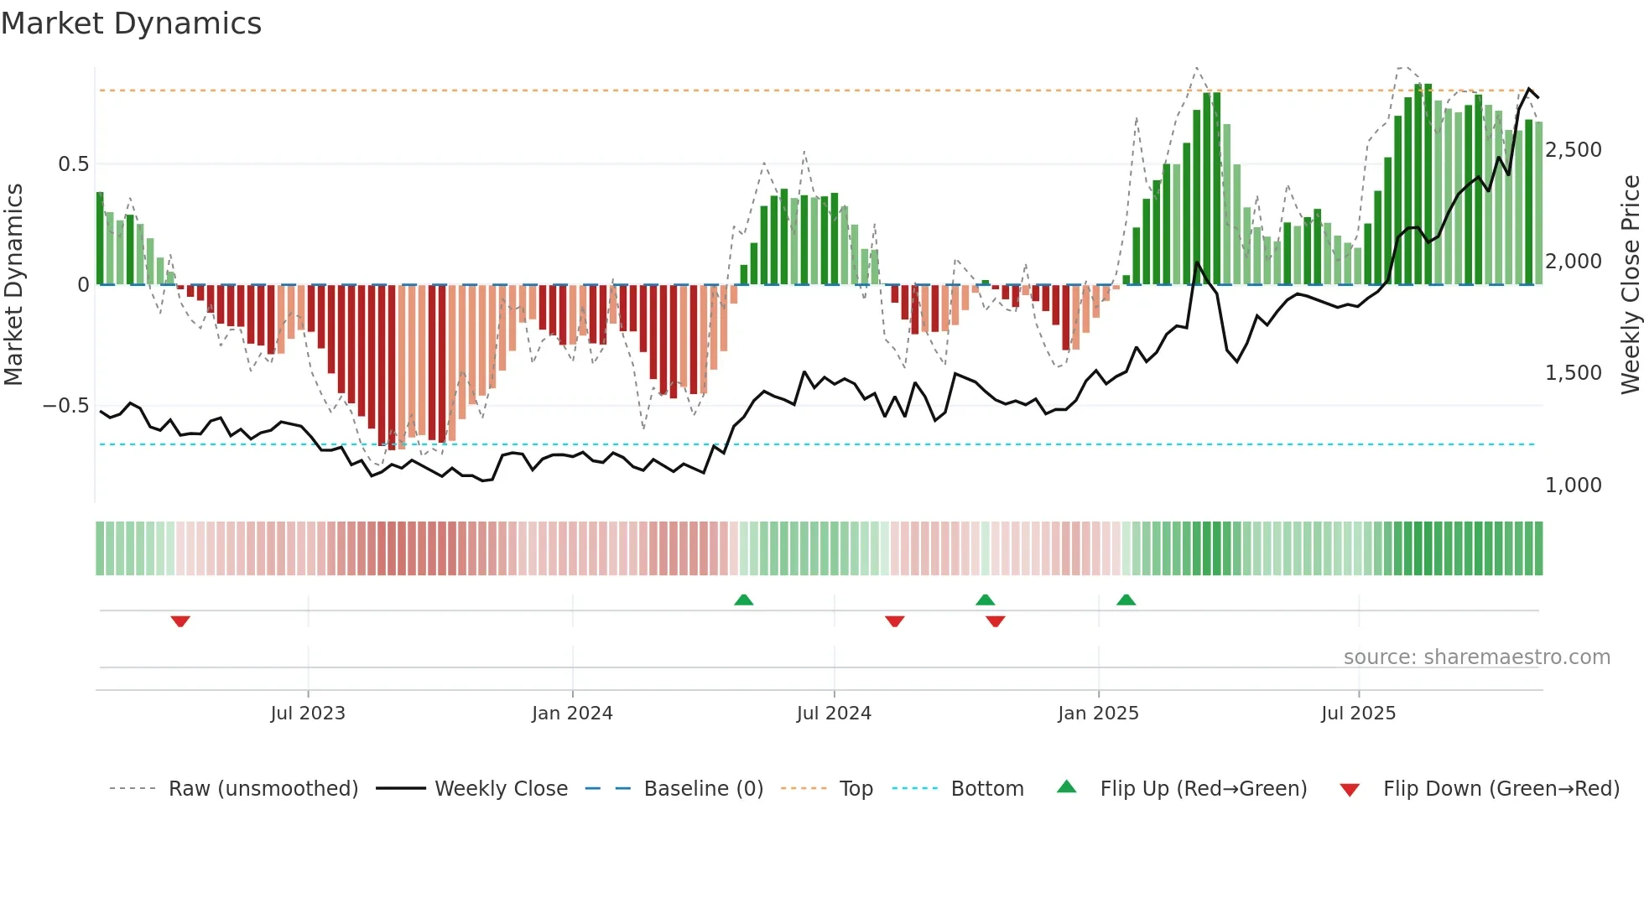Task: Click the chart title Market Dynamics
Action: pos(131,23)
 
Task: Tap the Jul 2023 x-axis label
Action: pos(308,714)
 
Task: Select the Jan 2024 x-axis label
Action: pos(572,714)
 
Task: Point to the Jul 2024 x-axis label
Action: pos(834,714)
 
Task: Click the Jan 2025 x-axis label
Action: pos(1098,714)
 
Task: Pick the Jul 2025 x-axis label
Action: pos(1358,714)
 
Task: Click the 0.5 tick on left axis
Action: pos(73,164)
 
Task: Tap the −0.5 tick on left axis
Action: pos(65,406)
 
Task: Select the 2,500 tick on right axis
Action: pos(1573,150)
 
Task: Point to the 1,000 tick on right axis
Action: pos(1573,485)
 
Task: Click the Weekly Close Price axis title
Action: pos(1630,285)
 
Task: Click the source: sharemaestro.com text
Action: pos(1476,657)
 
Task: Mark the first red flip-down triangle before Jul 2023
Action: pos(180,621)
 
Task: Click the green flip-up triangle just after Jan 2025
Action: pos(1126,600)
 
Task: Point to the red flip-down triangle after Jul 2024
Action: pos(894,621)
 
